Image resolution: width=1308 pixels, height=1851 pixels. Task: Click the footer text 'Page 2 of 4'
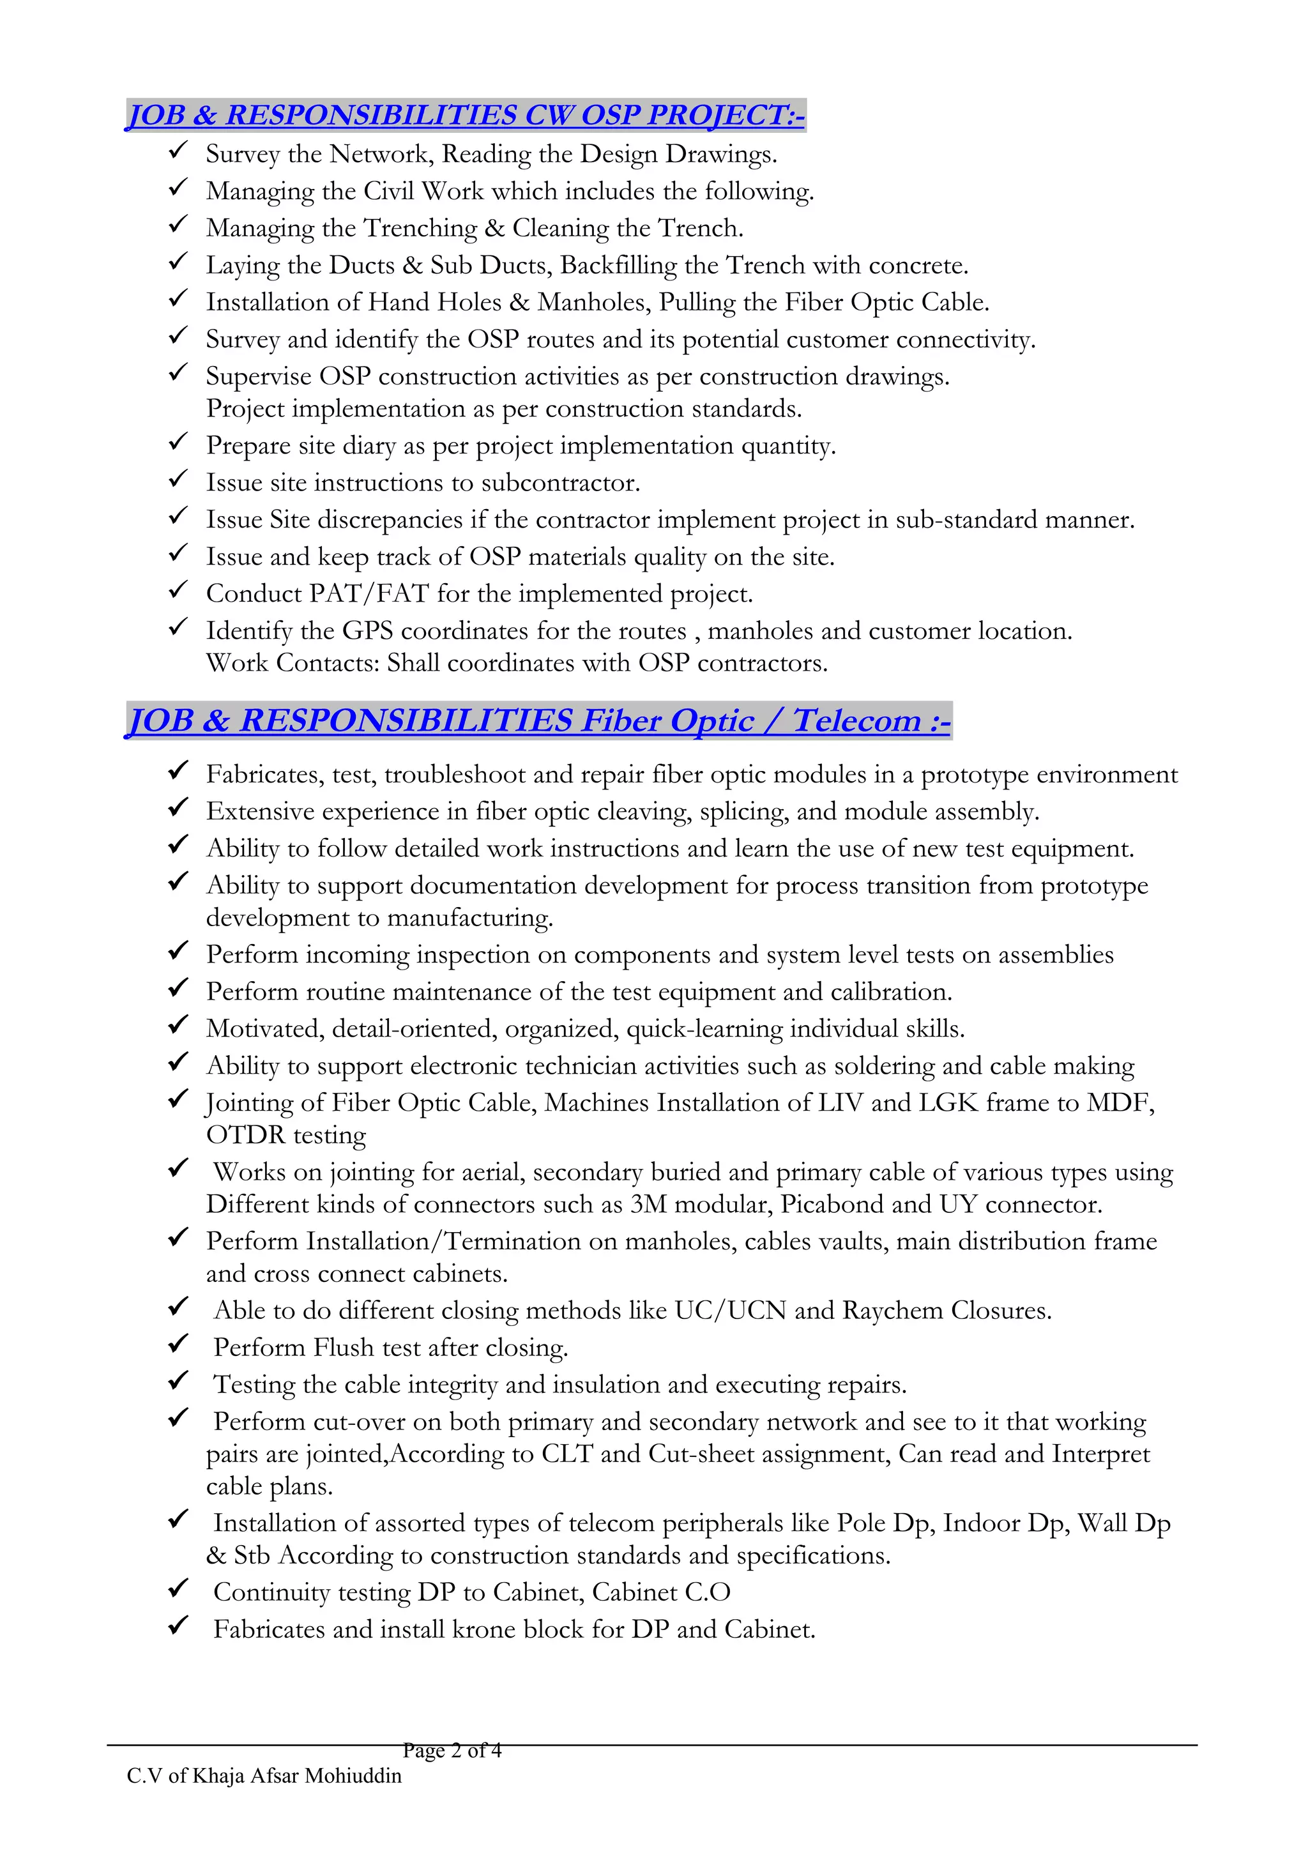(452, 1750)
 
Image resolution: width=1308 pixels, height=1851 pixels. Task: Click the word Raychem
(892, 1310)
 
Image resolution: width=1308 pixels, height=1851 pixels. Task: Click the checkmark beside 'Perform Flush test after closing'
(178, 1344)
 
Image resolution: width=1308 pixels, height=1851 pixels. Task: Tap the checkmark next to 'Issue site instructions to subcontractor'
(178, 480)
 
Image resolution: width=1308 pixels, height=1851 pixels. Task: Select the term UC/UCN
(730, 1310)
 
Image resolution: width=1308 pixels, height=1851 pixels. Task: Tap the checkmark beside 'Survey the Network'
(178, 151)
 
